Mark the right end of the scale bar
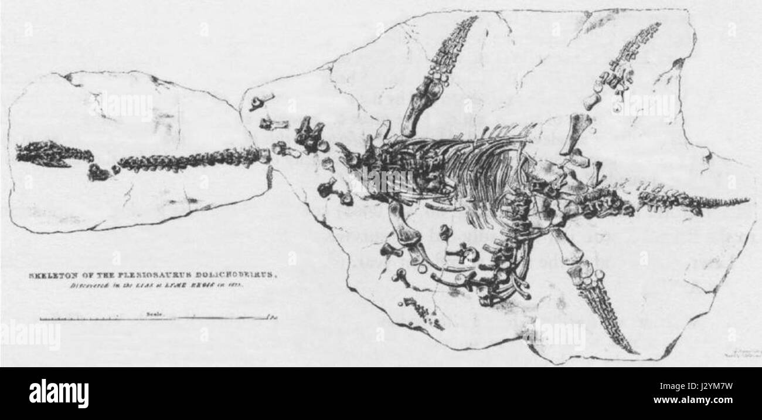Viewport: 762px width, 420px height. click(268, 318)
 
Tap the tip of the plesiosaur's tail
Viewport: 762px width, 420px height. click(747, 201)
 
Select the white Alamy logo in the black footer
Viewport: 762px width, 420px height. click(59, 393)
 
